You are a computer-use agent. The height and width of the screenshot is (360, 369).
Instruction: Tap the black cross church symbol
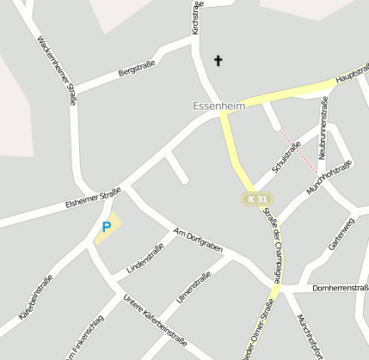click(x=218, y=60)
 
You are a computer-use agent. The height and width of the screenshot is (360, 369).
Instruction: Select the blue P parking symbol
click(x=107, y=227)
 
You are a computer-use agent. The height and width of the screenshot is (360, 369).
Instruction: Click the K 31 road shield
click(x=250, y=199)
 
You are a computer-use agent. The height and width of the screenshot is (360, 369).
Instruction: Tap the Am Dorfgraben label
click(x=198, y=241)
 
